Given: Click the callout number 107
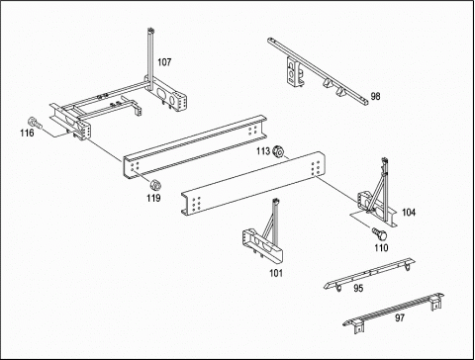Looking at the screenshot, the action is click(x=164, y=62).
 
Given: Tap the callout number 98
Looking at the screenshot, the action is click(x=375, y=96).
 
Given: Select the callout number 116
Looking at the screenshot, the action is click(x=27, y=133).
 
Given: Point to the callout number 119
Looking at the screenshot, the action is click(x=153, y=198).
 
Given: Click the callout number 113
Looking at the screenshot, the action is click(x=263, y=151).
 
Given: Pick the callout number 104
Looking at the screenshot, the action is click(x=409, y=213).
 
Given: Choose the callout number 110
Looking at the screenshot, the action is click(x=381, y=247).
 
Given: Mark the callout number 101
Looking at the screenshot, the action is click(x=276, y=273).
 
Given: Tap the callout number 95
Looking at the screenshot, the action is click(x=358, y=288).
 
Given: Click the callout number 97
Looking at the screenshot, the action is click(x=400, y=318).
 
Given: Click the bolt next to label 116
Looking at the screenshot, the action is click(x=35, y=123).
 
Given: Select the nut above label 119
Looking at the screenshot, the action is click(x=154, y=185).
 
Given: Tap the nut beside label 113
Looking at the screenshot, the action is click(x=278, y=152).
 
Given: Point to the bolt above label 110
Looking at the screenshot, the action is click(x=380, y=233).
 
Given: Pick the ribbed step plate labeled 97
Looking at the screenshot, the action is click(x=394, y=312).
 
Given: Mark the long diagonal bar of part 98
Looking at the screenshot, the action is click(x=318, y=71).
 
